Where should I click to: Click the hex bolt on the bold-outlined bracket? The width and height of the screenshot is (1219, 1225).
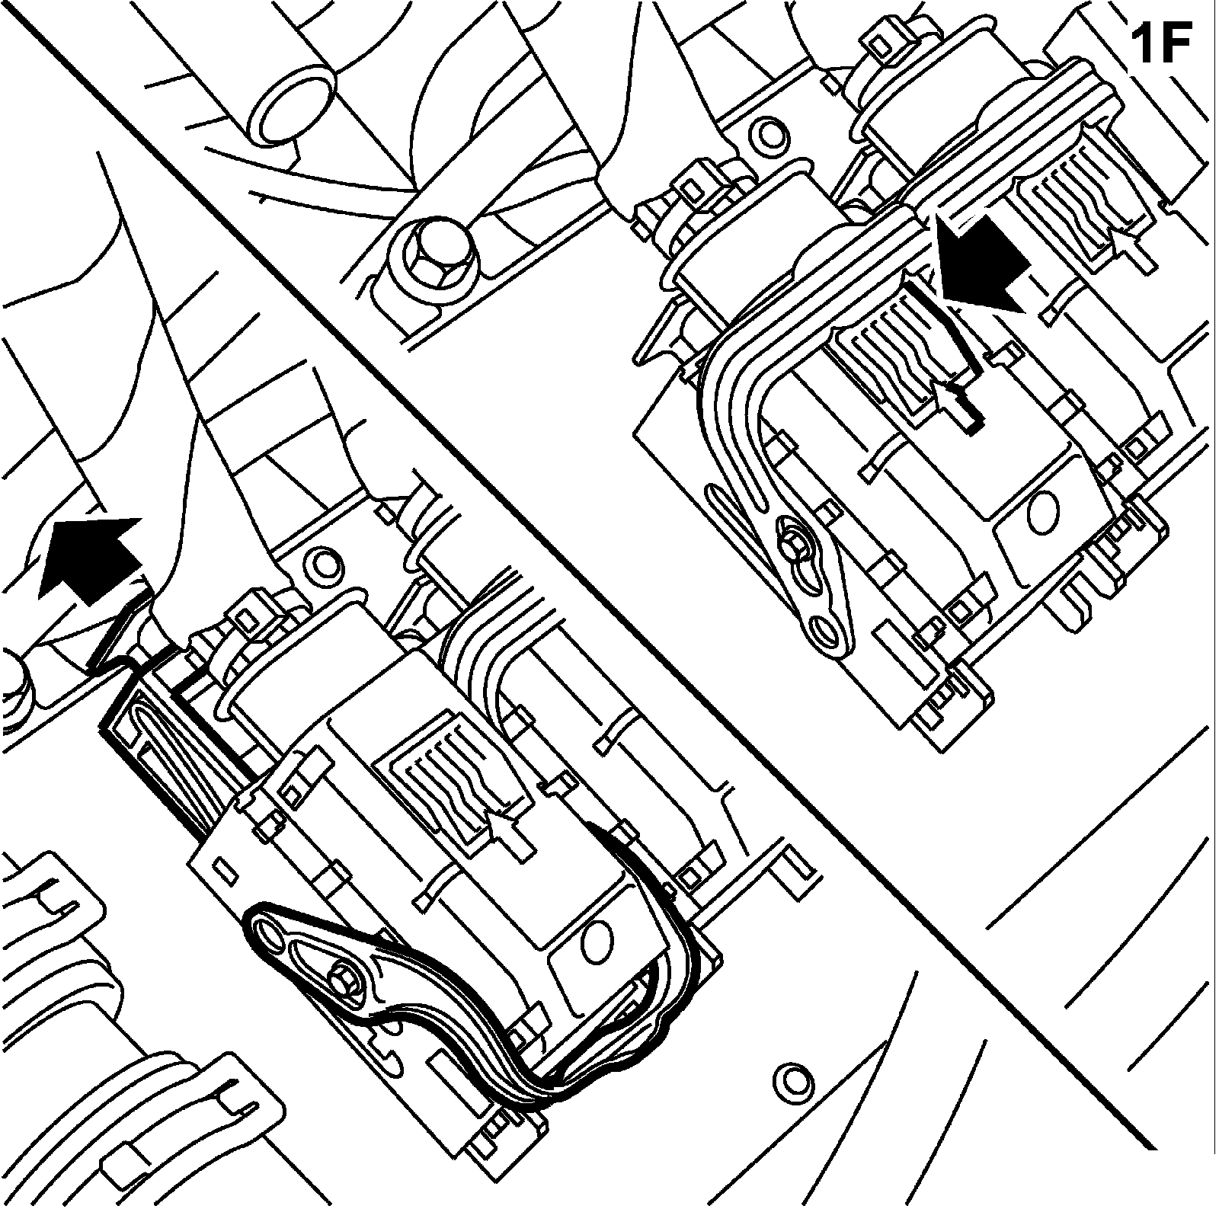point(346,977)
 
